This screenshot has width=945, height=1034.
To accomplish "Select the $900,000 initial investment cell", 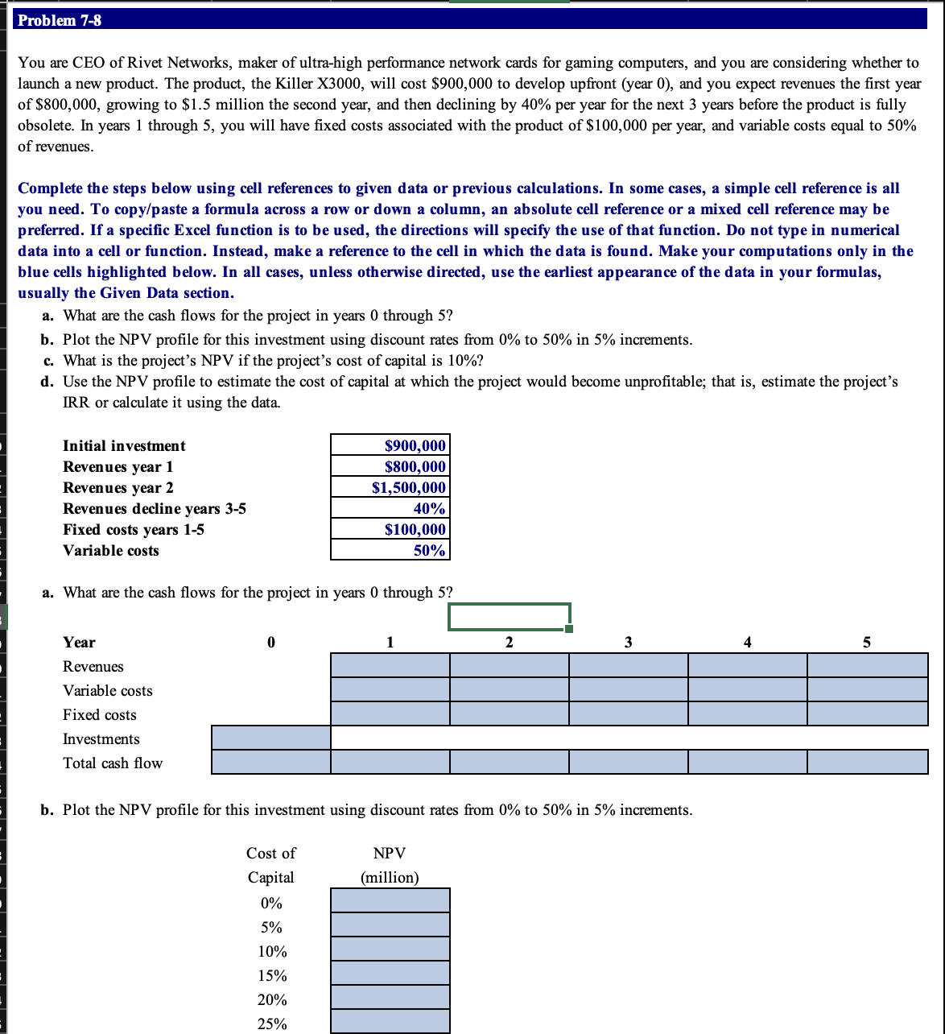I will click(390, 445).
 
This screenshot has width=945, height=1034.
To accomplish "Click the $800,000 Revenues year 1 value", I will click(390, 466).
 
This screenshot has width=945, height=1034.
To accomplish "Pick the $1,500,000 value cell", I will click(390, 487).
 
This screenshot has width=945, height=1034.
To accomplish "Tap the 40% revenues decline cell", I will click(390, 508).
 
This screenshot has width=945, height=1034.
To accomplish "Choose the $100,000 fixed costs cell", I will click(390, 529).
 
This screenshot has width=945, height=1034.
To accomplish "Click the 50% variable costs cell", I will click(390, 550).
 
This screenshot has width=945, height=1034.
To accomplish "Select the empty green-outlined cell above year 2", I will click(509, 617).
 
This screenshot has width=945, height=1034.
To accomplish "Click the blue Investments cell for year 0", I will click(270, 738).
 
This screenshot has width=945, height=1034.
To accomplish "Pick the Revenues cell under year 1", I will click(390, 665).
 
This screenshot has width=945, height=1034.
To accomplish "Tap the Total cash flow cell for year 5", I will click(867, 762).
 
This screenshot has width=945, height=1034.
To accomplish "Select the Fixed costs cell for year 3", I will click(628, 713).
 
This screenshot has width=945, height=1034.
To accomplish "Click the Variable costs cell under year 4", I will click(747, 689).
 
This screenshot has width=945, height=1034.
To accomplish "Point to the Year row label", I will click(79, 642).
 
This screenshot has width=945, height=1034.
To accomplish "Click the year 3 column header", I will click(628, 642).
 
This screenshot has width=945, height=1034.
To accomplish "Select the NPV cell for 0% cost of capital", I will click(390, 900).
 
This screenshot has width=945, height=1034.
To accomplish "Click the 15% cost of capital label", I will click(272, 975).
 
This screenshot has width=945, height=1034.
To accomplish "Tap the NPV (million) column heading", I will click(390, 865).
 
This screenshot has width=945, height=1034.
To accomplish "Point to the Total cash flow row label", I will click(113, 763).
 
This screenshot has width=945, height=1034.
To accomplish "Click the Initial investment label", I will click(124, 445).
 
